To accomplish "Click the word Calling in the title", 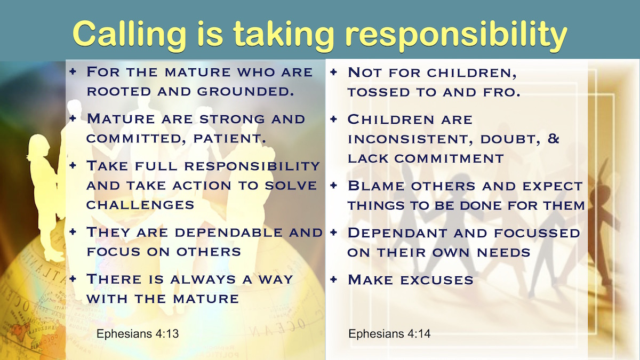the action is (130, 34).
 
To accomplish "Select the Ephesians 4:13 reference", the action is (138, 333).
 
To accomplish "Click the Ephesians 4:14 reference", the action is (389, 333).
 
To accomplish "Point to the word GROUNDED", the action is (245, 91).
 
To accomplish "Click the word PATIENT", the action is (230, 139).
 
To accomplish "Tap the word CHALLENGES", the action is (140, 205).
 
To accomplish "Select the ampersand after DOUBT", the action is (554, 139).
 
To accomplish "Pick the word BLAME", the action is (377, 186).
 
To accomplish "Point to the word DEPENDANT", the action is (397, 233).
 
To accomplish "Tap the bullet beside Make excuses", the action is (333, 279).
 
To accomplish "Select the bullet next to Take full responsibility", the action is (73, 165).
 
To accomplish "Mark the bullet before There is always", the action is (73, 278).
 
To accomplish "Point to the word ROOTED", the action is (118, 91).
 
